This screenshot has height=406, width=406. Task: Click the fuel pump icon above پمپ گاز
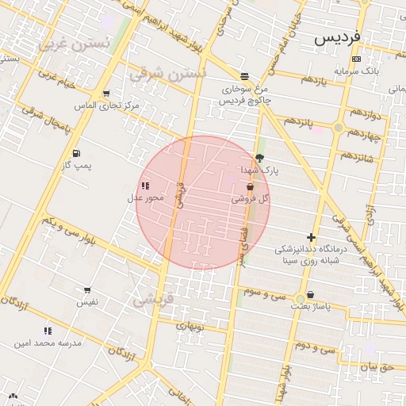click(x=75, y=153)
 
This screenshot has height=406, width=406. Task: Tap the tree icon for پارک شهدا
click(x=259, y=159)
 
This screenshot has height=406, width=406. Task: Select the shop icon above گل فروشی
click(x=251, y=187)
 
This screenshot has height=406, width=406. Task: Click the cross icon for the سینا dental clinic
click(x=311, y=237)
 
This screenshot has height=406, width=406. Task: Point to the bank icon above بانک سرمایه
click(x=356, y=59)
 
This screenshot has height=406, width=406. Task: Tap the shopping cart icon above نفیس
click(x=86, y=290)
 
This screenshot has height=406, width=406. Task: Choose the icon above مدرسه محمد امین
click(x=48, y=331)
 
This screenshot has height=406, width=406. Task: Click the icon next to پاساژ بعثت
click(x=310, y=294)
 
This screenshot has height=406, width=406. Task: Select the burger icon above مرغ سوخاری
click(x=244, y=76)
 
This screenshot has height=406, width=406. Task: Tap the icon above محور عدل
click(x=145, y=186)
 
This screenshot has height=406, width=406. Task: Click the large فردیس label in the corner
click(x=337, y=36)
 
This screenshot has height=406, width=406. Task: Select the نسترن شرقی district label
click(x=167, y=74)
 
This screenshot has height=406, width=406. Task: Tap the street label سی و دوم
click(x=316, y=347)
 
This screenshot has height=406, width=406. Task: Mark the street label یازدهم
click(x=314, y=81)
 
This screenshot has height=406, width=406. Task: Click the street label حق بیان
click(x=377, y=367)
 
